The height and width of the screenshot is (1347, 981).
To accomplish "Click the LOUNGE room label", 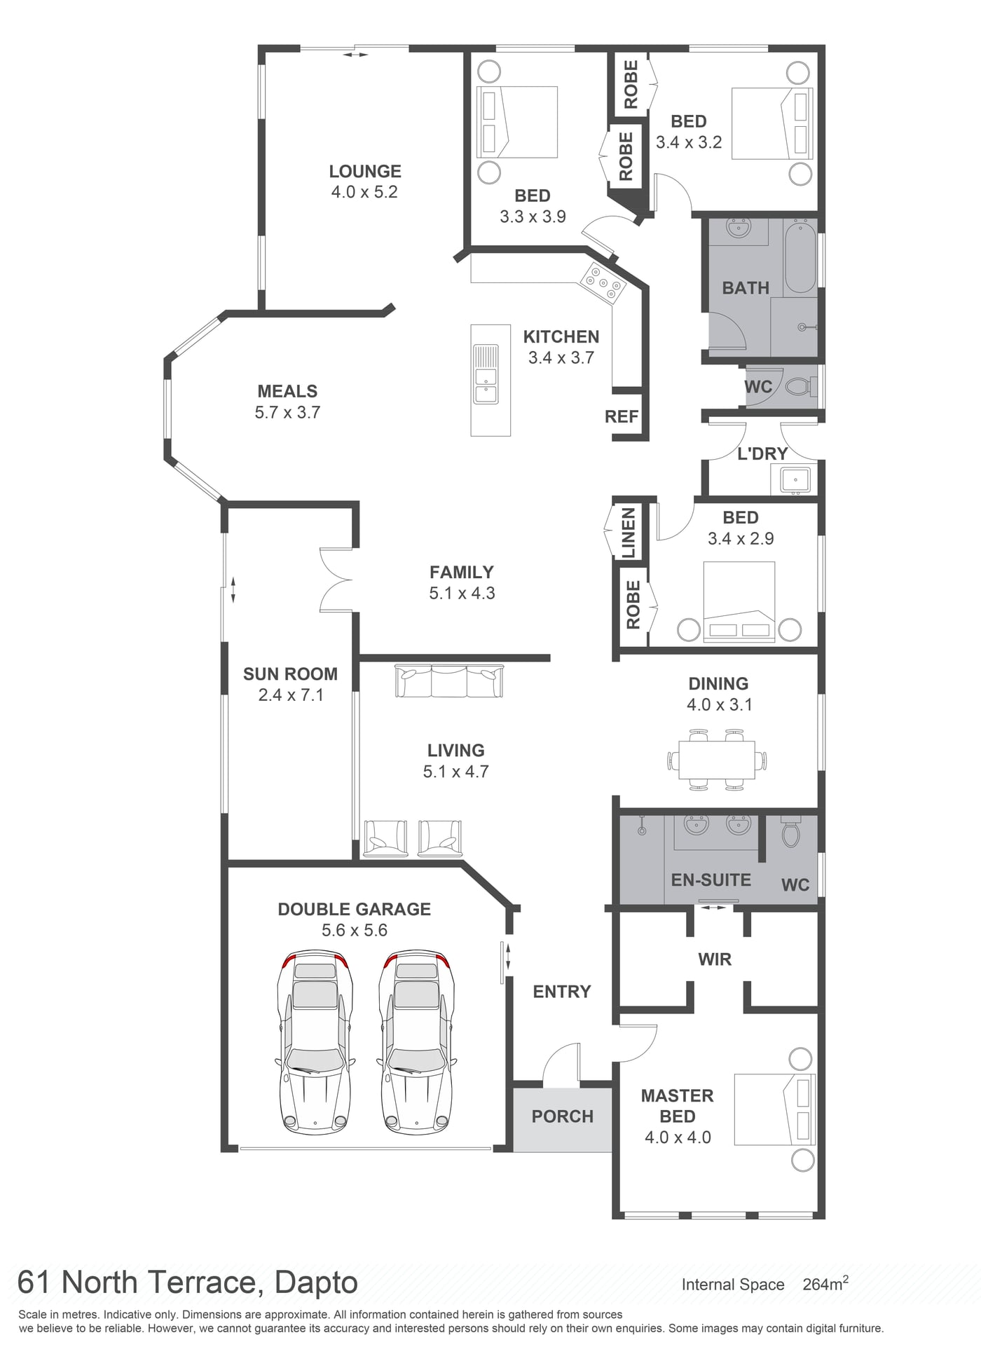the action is click(x=365, y=171).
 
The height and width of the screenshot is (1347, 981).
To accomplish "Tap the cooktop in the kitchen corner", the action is click(x=602, y=283).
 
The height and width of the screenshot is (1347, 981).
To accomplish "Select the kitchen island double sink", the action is click(x=486, y=374).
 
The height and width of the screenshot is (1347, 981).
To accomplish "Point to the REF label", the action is click(x=622, y=417).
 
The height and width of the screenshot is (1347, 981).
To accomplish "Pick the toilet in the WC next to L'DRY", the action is click(x=801, y=386).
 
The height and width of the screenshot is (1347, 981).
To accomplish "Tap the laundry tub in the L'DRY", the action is click(x=795, y=480).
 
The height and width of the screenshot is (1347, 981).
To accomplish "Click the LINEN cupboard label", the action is click(x=629, y=533).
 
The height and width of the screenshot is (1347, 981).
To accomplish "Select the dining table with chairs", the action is click(x=717, y=760).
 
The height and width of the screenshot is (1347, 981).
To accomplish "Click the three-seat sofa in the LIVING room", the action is click(x=449, y=681).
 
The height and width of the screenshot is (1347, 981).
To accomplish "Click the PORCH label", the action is click(x=563, y=1116).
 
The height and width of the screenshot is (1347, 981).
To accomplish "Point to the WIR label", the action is click(x=715, y=959).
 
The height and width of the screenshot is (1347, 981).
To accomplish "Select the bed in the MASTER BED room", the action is click(x=774, y=1109).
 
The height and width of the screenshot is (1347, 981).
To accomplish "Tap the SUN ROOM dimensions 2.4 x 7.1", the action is click(x=291, y=695).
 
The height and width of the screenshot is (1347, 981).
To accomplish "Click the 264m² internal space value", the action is click(x=825, y=1284).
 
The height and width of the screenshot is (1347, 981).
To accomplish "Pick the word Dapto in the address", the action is click(x=316, y=1283).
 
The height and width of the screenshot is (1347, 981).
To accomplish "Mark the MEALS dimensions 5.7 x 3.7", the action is click(x=287, y=412).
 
